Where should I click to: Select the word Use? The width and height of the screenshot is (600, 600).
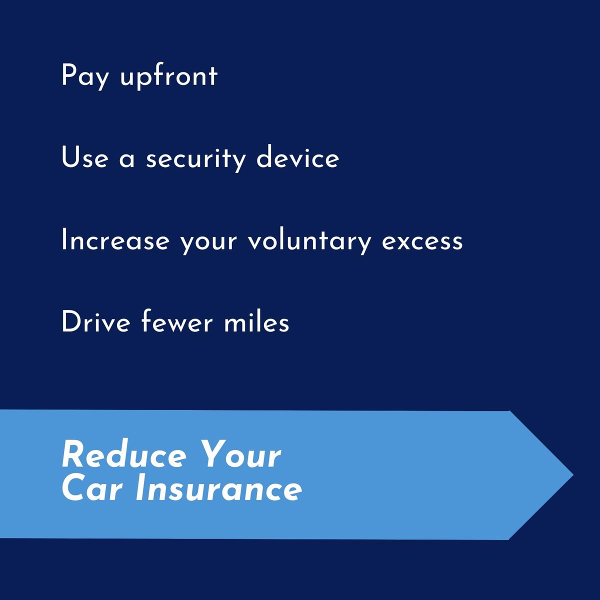84,158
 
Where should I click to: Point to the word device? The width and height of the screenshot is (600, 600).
298,158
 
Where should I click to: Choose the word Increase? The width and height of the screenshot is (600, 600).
115,240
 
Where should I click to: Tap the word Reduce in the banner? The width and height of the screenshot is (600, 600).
123,456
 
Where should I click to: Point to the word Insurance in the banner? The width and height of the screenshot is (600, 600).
218,488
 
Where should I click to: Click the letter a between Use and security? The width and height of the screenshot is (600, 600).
127,160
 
